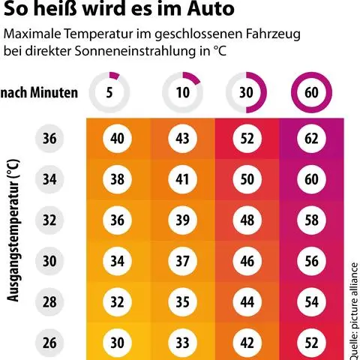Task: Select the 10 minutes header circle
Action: coord(182,93)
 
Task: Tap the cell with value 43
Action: coord(181,139)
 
